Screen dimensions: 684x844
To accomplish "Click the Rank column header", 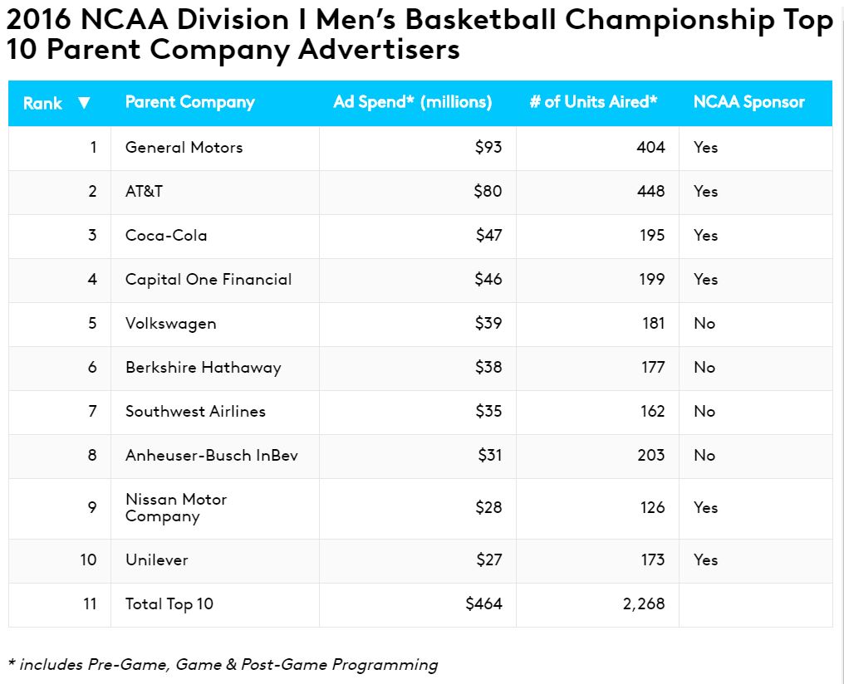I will click(42, 103).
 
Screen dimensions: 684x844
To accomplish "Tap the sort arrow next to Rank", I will click(83, 103).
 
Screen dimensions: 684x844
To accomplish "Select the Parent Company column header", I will click(189, 102).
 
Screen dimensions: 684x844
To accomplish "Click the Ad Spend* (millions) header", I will click(412, 102).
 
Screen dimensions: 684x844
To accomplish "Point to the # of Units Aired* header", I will click(593, 102).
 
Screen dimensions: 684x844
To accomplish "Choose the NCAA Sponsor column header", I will click(748, 102).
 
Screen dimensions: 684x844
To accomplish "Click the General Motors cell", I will click(184, 148).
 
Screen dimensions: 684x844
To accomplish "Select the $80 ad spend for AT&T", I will click(488, 192).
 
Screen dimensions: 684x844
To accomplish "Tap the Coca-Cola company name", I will click(166, 236).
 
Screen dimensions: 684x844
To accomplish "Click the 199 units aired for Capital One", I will click(652, 280).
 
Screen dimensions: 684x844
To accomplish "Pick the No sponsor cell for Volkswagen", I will click(704, 324).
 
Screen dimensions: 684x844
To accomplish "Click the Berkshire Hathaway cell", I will click(203, 368).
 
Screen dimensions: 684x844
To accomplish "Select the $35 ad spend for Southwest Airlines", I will click(488, 412).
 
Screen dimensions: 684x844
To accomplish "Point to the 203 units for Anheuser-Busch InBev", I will click(651, 456).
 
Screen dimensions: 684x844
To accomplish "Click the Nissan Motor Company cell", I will click(176, 508).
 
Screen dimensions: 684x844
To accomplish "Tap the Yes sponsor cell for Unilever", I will click(705, 560).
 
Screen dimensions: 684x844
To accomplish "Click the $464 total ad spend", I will click(483, 604).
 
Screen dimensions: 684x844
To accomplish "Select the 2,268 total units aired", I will click(644, 604).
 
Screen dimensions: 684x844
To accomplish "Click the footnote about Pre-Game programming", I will click(223, 664).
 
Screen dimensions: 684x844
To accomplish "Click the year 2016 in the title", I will click(38, 21).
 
